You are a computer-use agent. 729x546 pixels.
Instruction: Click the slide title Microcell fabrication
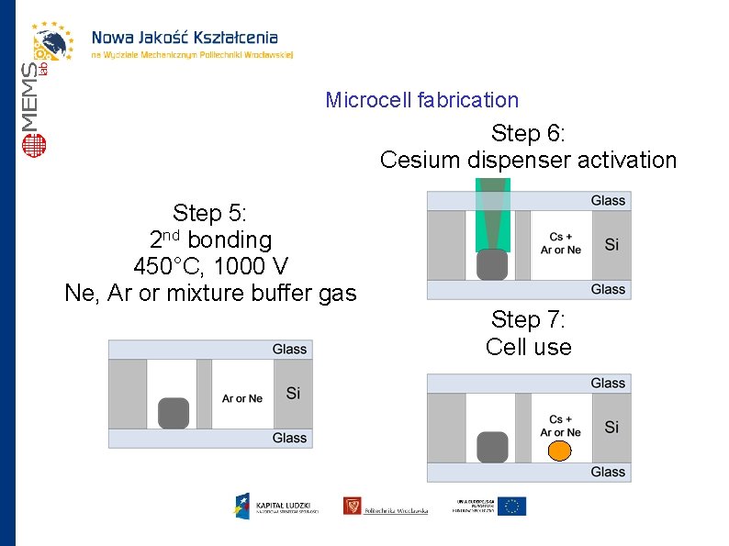coord(421,100)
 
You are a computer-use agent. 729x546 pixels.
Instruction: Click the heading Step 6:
coord(528,133)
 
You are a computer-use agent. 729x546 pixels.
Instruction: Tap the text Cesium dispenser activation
coord(528,161)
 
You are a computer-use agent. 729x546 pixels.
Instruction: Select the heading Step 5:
coord(210,214)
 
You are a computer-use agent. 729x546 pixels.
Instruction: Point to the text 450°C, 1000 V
coord(210,267)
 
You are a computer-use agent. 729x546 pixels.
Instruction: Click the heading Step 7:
coord(528,319)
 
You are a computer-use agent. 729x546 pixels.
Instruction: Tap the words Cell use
coord(528,347)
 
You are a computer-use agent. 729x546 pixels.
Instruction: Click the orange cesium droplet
coord(559,451)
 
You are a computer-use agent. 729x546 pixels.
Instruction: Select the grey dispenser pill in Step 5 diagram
coord(173,413)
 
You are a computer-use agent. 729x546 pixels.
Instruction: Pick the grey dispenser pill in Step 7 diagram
coord(492,447)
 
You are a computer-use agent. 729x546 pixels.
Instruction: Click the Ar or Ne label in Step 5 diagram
coord(242,398)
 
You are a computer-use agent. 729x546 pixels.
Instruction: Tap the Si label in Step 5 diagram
coord(293,394)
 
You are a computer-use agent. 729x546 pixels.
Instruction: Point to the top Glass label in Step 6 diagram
coord(608,200)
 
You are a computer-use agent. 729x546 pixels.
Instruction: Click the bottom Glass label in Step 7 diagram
coord(608,472)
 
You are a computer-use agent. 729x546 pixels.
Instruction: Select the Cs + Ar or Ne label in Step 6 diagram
coord(560,243)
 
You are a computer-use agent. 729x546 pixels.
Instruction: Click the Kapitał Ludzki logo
coord(274,506)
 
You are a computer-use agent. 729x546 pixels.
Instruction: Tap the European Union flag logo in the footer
coord(511,506)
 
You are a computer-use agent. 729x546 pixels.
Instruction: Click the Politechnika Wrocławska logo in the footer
coord(386,507)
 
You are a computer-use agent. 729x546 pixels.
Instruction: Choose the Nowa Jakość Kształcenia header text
coord(184,38)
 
